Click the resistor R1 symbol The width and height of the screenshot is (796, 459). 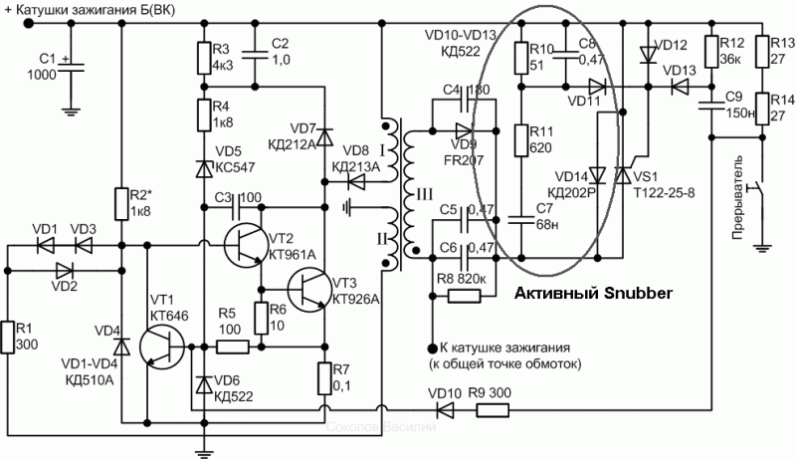coord(9,338)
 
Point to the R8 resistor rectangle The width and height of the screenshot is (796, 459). coord(464,296)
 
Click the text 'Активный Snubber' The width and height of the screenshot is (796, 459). coord(593,294)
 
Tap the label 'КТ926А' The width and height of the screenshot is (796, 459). coord(355,299)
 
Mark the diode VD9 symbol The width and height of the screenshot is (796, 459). coord(463,130)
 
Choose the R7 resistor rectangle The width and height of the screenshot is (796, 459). coord(325,379)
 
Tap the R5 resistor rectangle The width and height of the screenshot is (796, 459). coord(233,347)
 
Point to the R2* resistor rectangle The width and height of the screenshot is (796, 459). coord(119,203)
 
